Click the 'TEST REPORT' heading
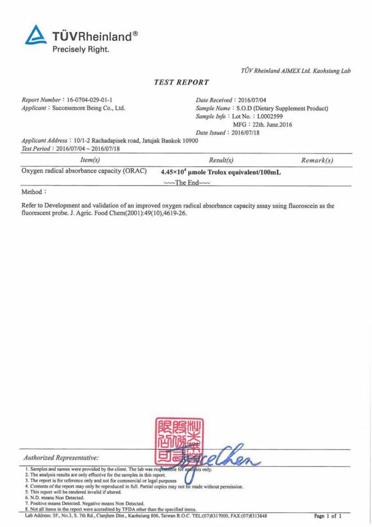pyautogui.click(x=182, y=82)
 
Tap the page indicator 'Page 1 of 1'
pyautogui.click(x=328, y=517)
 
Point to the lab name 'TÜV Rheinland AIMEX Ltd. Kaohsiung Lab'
pyautogui.click(x=296, y=70)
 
